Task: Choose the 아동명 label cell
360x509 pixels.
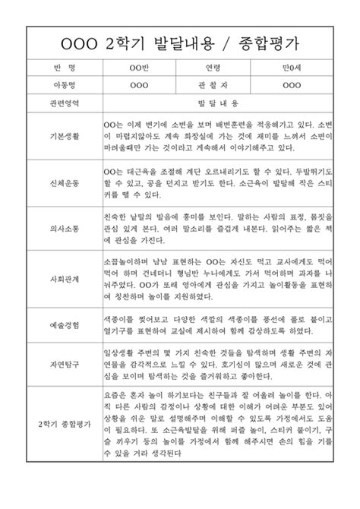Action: pyautogui.click(x=63, y=84)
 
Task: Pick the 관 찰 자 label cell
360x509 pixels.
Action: pyautogui.click(x=213, y=84)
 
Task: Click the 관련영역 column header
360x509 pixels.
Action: pyautogui.click(x=63, y=102)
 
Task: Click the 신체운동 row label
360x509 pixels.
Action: pyautogui.click(x=63, y=185)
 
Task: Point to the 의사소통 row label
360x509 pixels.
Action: pyautogui.click(x=63, y=228)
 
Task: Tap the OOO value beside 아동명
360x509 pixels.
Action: pyautogui.click(x=140, y=84)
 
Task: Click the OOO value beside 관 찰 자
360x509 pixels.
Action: pyautogui.click(x=292, y=84)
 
